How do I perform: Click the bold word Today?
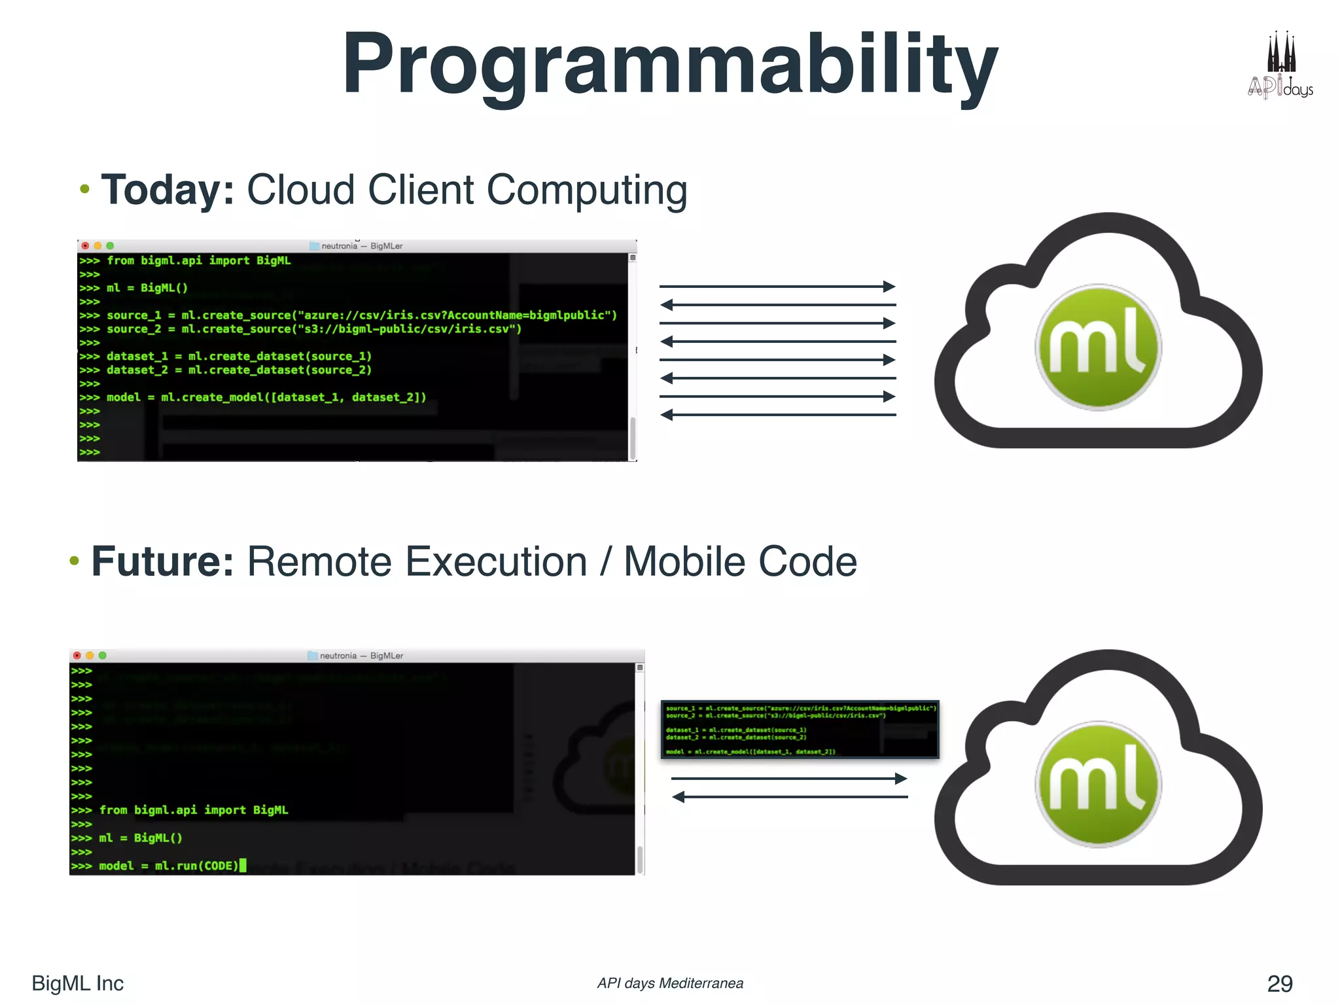(x=167, y=190)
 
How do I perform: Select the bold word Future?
(x=162, y=562)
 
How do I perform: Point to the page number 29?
(x=1279, y=983)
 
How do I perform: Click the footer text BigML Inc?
(x=77, y=983)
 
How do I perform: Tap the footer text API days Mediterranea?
(x=669, y=983)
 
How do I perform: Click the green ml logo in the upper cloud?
(x=1098, y=347)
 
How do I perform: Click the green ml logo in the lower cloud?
(x=1098, y=785)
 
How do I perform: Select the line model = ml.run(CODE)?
(x=169, y=866)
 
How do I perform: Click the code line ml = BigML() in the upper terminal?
(x=147, y=288)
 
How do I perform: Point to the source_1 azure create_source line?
(x=361, y=315)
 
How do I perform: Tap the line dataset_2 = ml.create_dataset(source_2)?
(x=239, y=370)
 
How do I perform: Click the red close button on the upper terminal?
(x=85, y=246)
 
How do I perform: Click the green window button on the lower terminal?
(x=103, y=656)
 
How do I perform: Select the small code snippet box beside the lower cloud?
(x=800, y=730)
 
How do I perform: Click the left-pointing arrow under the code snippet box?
(x=789, y=797)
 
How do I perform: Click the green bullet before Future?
(x=75, y=561)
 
